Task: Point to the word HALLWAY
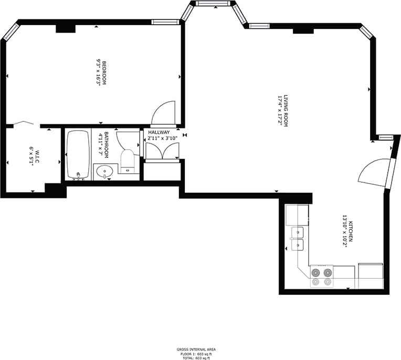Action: click(x=159, y=132)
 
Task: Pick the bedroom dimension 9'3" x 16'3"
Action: click(x=98, y=73)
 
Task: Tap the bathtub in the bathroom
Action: click(x=79, y=155)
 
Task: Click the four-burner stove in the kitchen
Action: click(x=322, y=277)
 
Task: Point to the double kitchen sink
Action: click(x=297, y=238)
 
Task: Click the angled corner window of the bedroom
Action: click(x=10, y=32)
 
